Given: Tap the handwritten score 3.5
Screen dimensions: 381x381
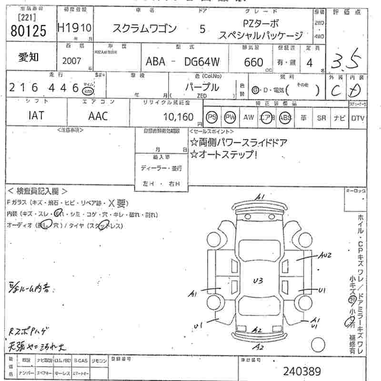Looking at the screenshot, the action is (x=349, y=61).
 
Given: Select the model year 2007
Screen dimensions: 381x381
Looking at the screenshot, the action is (x=72, y=60).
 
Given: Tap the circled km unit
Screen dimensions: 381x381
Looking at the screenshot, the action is (x=87, y=91).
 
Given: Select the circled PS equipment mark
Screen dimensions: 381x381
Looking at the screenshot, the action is (x=211, y=117).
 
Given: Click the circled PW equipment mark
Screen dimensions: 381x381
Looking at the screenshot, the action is (x=231, y=117).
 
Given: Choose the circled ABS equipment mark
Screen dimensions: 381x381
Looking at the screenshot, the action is (x=285, y=117).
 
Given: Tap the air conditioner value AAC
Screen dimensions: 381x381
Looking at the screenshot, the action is (x=98, y=116).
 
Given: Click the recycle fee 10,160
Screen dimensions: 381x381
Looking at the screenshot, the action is (x=178, y=117).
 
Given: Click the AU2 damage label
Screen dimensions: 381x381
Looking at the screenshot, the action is (x=325, y=256).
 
